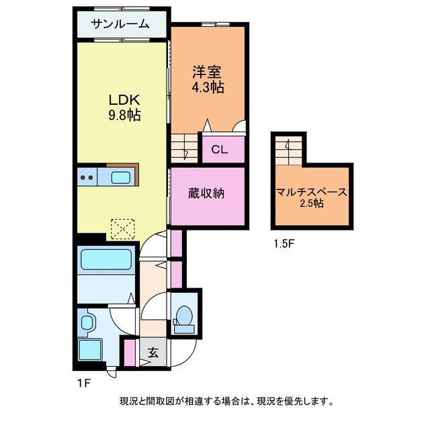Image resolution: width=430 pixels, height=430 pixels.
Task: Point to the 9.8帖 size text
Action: (124, 115)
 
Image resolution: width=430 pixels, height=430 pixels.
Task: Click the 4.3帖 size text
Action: (208, 87)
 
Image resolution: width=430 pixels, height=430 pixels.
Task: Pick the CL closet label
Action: (220, 150)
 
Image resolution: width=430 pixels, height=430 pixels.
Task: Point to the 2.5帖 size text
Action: (312, 204)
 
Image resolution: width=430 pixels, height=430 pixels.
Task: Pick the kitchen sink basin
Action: (121, 178)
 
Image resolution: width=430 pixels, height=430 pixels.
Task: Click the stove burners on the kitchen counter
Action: (87, 178)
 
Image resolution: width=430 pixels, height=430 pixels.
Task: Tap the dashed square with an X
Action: (122, 228)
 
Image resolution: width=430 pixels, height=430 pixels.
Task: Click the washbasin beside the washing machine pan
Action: (86, 323)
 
